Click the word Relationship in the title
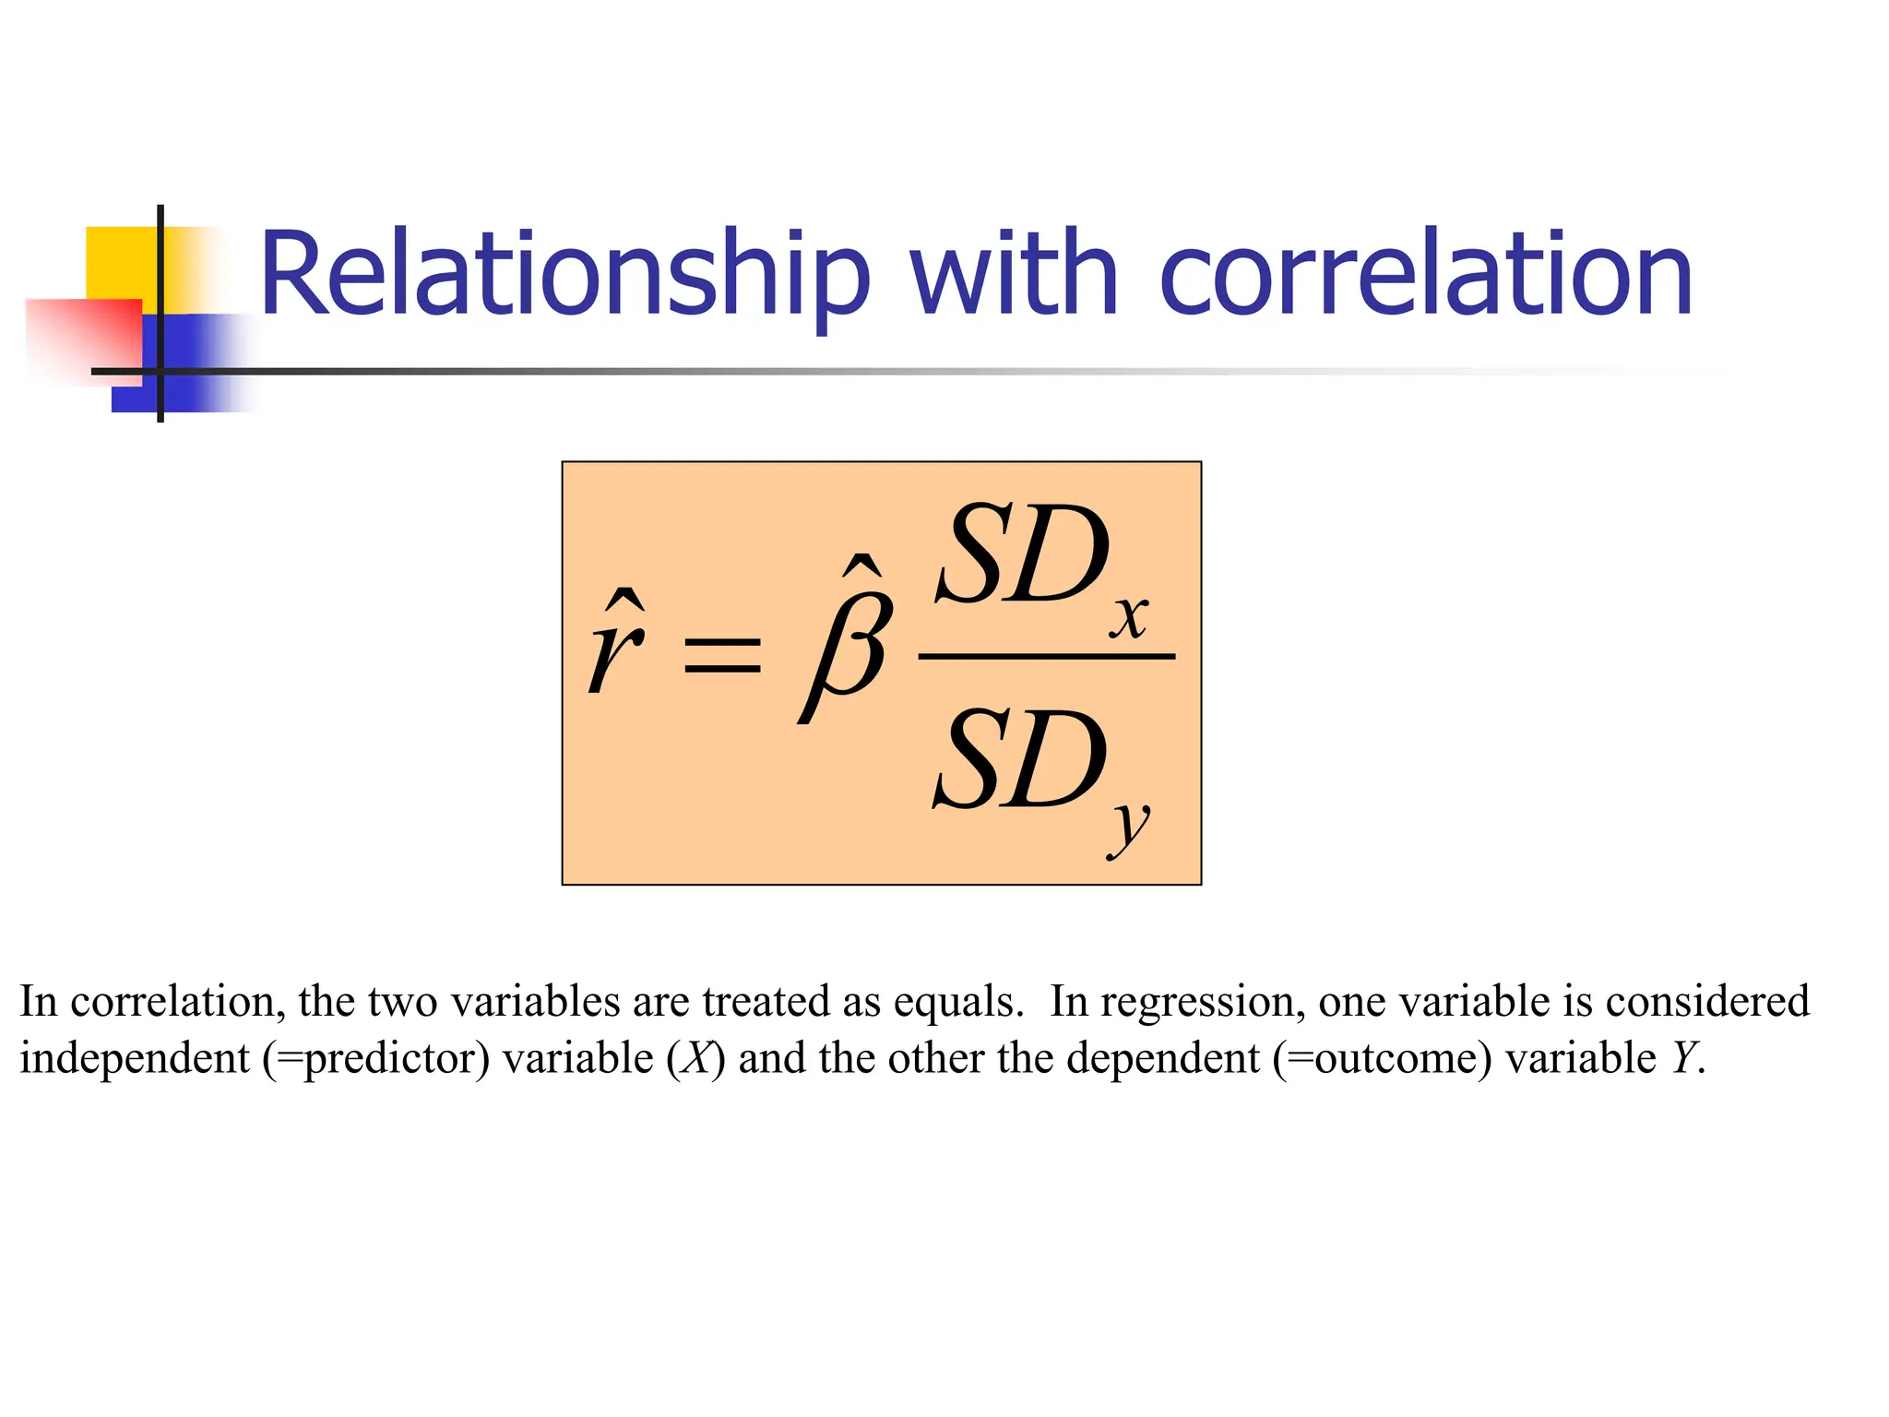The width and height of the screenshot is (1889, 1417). (x=564, y=275)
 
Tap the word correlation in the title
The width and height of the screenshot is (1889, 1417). (x=1425, y=275)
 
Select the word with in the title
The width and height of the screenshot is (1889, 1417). (x=1014, y=275)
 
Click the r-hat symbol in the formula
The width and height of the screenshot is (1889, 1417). (x=616, y=646)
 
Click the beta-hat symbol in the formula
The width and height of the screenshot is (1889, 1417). (x=847, y=646)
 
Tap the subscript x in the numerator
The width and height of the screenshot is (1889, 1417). (x=1129, y=618)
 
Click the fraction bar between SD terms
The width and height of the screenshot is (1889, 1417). (x=1047, y=657)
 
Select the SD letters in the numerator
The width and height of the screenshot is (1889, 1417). (x=1022, y=555)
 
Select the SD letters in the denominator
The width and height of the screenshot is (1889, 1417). (x=1020, y=762)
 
